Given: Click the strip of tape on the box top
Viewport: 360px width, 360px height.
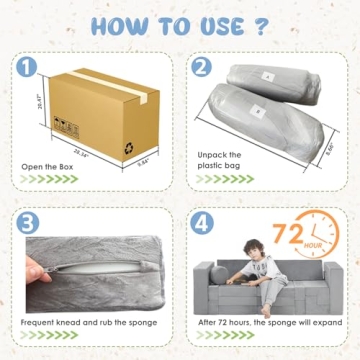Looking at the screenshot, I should tap(115, 78).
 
